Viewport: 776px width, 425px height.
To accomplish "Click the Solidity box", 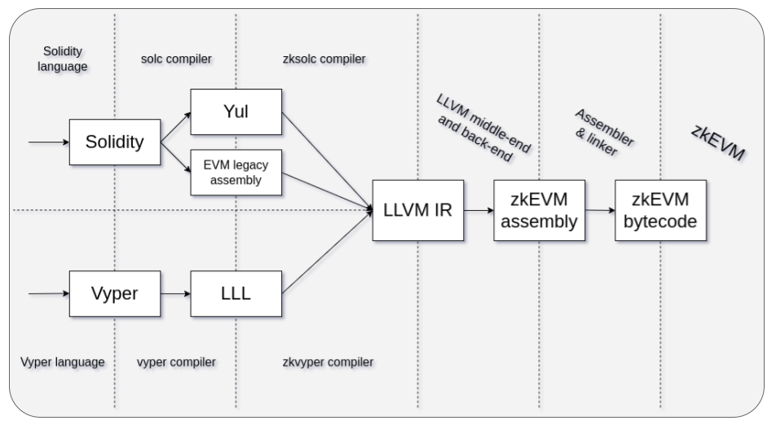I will [x=114, y=142].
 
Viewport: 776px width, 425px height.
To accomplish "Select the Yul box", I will [x=236, y=112].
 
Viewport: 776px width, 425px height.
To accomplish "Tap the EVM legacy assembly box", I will [x=236, y=173].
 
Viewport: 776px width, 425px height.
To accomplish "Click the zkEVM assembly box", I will [x=540, y=210].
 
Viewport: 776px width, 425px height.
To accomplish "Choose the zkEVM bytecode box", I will [x=660, y=210].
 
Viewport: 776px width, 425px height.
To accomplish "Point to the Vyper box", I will [x=114, y=293].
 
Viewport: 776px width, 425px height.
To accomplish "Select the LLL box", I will [x=236, y=293].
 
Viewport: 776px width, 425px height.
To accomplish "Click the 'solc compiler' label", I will [x=176, y=59].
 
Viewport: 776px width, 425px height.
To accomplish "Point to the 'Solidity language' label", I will [x=63, y=59].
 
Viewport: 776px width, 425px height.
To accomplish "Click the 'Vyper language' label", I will [x=63, y=361].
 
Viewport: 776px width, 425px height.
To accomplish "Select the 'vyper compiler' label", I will [x=177, y=361].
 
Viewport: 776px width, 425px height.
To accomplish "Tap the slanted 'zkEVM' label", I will [x=718, y=142].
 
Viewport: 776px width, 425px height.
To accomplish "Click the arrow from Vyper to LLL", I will [x=175, y=293].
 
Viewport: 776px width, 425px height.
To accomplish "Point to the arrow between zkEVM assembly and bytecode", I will [x=600, y=210].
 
